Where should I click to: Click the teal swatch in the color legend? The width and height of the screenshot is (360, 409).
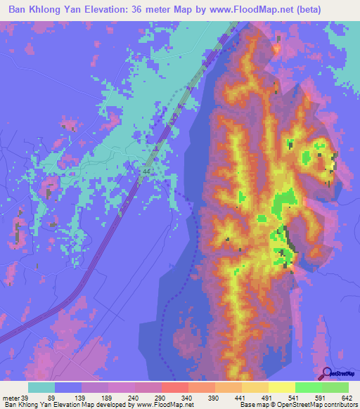41,387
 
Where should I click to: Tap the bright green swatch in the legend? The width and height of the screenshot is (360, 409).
308,387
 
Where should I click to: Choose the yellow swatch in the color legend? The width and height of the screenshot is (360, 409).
281,387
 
